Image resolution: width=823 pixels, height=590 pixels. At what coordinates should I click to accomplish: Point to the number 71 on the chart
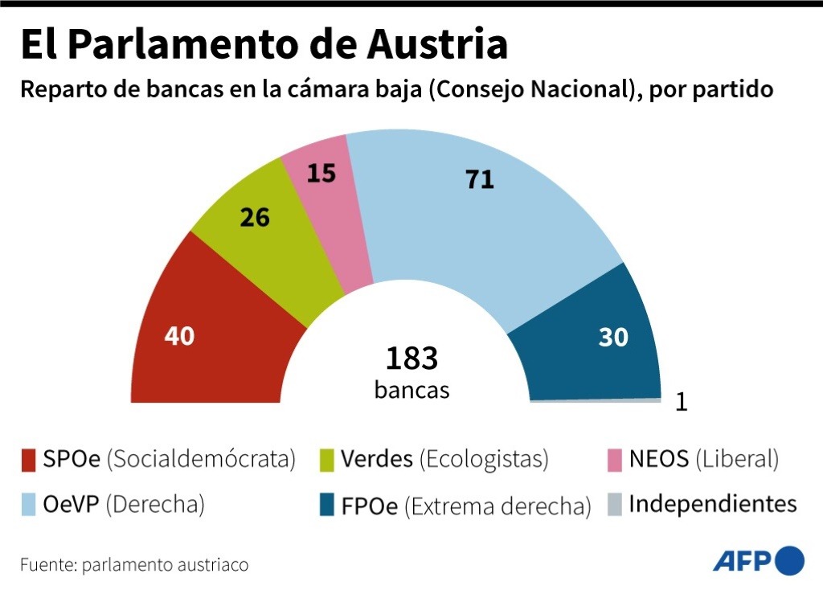pos(480,179)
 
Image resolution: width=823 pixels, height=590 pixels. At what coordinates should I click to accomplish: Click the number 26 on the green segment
pos(255,217)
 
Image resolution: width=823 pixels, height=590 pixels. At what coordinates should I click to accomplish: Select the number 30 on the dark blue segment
pos(613,337)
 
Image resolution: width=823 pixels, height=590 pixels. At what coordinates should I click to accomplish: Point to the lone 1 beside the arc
pos(682,402)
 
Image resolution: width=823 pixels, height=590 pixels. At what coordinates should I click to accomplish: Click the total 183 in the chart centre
pos(411,359)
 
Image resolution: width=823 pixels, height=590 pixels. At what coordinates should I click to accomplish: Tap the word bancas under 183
pos(411,390)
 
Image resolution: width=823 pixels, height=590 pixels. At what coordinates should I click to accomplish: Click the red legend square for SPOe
pos(29,461)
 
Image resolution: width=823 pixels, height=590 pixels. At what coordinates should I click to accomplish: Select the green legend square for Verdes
pos(326,461)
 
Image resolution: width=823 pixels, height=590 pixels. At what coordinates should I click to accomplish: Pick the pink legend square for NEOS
pos(615,461)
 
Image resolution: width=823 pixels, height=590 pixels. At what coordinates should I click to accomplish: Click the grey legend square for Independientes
pos(615,506)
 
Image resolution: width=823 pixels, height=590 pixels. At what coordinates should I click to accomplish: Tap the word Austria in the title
pos(437,45)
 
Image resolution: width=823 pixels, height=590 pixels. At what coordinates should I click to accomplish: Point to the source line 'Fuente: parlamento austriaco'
pos(134,564)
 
